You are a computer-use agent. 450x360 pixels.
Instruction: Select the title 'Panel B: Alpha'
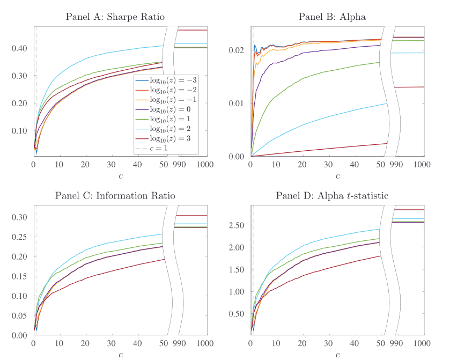(332, 17)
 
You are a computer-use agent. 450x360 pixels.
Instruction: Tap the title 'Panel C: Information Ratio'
(115, 195)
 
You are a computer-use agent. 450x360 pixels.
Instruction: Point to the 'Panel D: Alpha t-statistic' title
(332, 195)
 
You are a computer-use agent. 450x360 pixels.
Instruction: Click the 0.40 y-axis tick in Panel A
(22, 48)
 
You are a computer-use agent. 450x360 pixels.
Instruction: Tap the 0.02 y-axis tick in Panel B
(239, 50)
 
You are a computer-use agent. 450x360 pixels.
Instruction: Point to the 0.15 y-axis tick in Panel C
(22, 276)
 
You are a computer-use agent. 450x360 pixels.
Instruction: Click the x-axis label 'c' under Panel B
(337, 176)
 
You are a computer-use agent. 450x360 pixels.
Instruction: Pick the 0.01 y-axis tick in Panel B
(239, 103)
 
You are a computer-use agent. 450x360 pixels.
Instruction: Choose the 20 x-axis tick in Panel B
(303, 165)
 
